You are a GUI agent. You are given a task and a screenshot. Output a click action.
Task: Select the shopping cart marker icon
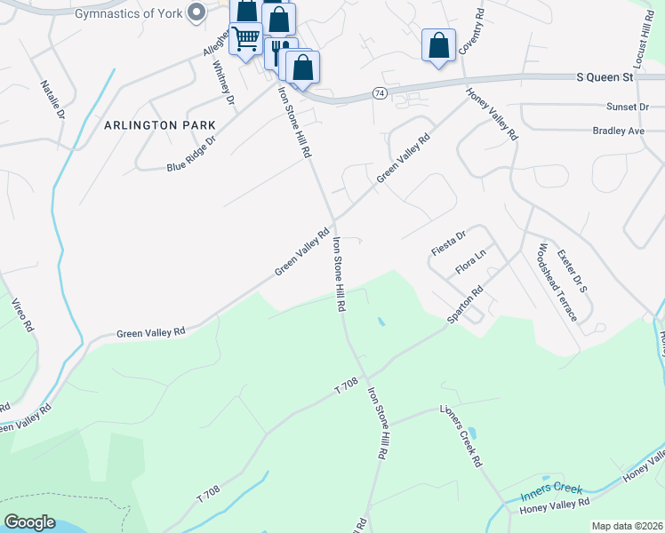tap(245, 38)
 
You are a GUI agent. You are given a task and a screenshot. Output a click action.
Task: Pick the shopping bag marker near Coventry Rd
tap(438, 45)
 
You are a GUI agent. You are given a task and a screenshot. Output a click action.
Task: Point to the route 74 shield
tap(379, 93)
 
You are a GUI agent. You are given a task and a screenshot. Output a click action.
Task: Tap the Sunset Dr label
tap(628, 107)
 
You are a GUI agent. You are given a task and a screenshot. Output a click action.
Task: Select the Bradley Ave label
tap(618, 131)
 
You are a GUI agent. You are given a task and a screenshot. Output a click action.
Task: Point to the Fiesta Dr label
tap(449, 243)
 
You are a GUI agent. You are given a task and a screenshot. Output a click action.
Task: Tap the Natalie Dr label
tap(53, 99)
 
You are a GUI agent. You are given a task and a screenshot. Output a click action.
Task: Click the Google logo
tap(29, 522)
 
